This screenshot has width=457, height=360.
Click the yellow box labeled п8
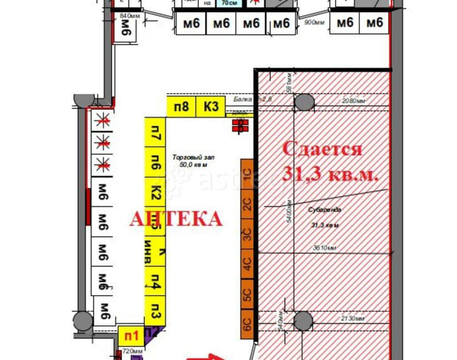[x=181, y=107]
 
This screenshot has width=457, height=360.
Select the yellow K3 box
[x=211, y=107]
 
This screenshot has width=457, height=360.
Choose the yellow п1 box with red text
[x=132, y=336]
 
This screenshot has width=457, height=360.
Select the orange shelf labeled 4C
[x=247, y=263]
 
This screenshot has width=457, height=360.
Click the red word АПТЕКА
[x=176, y=219]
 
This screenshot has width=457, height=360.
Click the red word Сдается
[x=322, y=149]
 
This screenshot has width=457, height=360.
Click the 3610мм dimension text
[x=324, y=248]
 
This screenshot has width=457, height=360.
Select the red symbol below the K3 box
[x=239, y=125]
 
